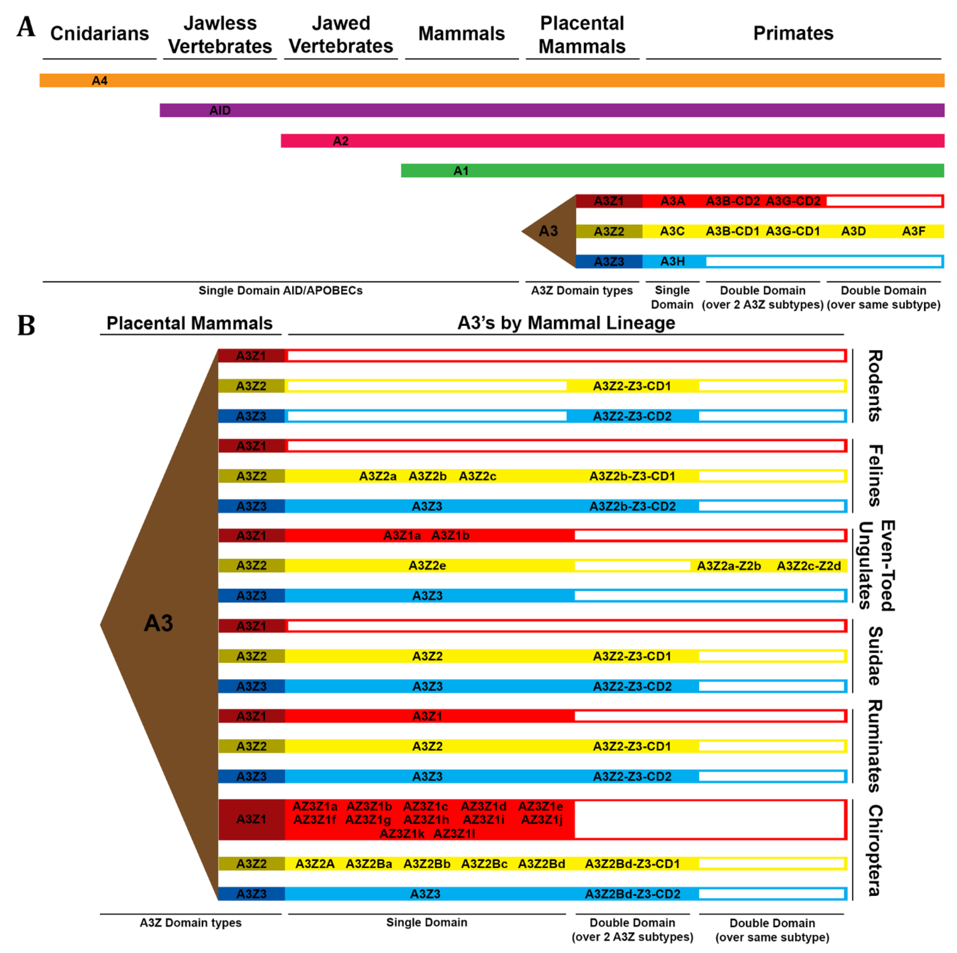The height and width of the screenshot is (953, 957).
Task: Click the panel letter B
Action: (26, 325)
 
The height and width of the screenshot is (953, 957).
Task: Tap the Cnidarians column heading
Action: (99, 33)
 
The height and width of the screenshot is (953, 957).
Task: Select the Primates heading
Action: (793, 33)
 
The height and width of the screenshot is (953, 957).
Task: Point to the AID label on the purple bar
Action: (220, 110)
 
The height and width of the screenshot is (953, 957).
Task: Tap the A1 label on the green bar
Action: (461, 171)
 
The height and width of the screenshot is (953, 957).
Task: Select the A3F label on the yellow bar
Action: (913, 231)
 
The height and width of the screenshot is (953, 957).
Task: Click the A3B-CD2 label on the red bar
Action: (732, 201)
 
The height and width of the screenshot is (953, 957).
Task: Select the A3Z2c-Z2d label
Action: (808, 566)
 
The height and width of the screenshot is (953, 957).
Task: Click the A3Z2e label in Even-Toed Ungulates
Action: (427, 566)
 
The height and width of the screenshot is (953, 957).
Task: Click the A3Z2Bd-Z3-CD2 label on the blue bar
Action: (633, 894)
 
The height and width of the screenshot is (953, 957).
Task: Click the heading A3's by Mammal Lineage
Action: (566, 323)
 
